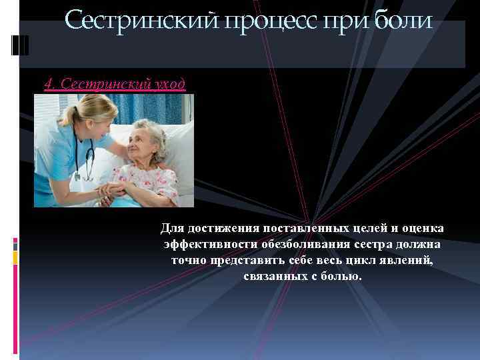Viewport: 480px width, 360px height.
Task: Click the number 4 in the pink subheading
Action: point(48,84)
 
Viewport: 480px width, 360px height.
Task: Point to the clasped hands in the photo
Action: point(112,193)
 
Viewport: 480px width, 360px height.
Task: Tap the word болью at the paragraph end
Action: point(341,275)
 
